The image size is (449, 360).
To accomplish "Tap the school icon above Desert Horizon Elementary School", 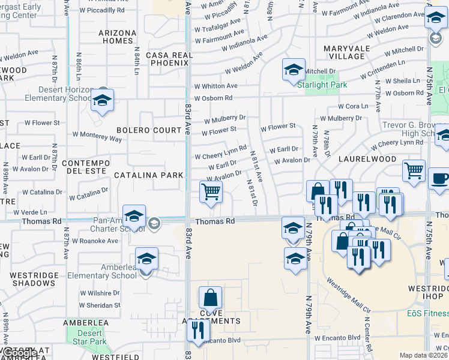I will point(103,101).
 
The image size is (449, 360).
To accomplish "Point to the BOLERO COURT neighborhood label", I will point(149,130).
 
